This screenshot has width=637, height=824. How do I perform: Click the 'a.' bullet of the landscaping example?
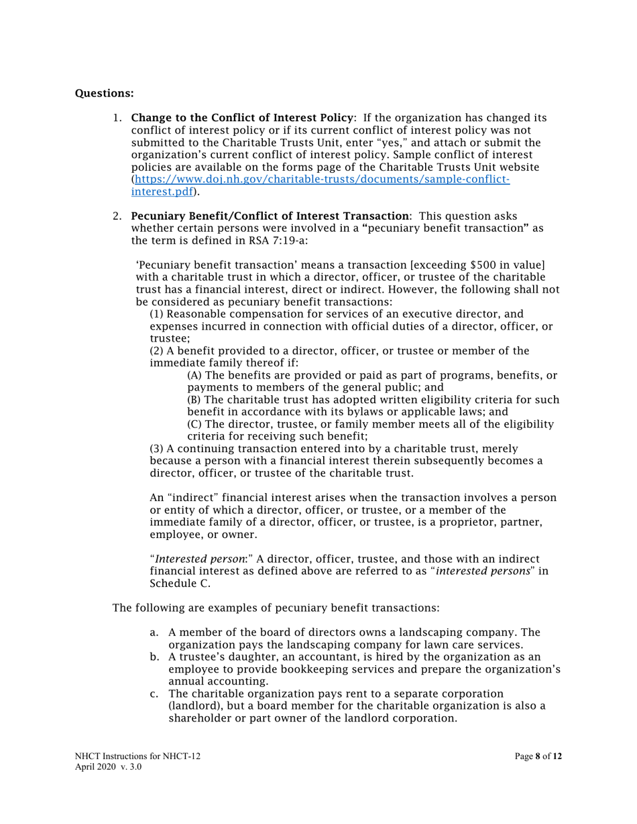click(x=154, y=632)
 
